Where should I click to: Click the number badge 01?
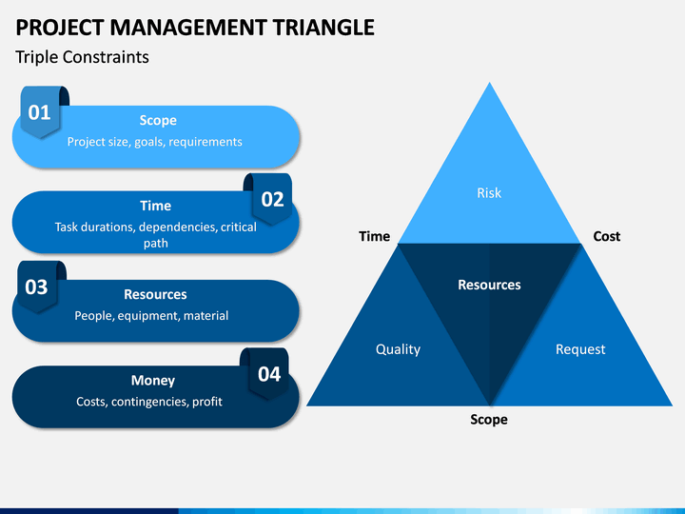tap(40, 112)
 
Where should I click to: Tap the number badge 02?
tap(272, 199)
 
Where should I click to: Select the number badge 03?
tap(37, 287)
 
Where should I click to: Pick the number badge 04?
tap(268, 374)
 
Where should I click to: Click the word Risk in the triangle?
tap(489, 192)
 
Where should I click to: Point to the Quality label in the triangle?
tap(398, 349)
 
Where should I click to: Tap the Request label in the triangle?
tap(580, 349)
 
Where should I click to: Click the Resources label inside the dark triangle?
tap(489, 285)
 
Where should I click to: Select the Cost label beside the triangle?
tap(606, 236)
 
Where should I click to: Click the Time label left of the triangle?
tap(375, 236)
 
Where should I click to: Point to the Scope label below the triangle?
tap(489, 420)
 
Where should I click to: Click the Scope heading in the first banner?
tap(158, 120)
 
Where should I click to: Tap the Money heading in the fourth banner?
tap(153, 380)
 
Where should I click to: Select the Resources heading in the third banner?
tap(155, 294)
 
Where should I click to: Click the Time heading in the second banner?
tap(155, 206)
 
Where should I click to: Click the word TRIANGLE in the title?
tap(323, 27)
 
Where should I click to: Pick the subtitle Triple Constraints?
tap(82, 57)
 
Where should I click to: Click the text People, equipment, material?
tap(151, 316)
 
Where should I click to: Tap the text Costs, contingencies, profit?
tap(149, 402)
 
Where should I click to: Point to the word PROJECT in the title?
tap(60, 27)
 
